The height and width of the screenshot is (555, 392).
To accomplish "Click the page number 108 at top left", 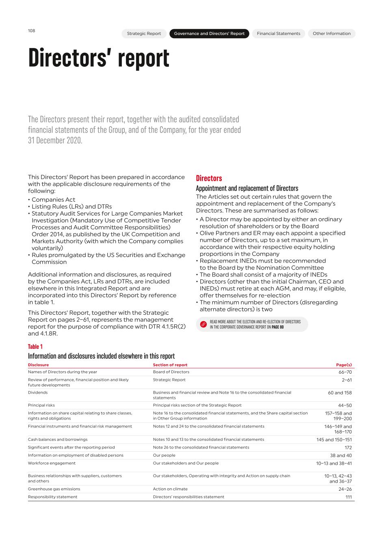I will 31,30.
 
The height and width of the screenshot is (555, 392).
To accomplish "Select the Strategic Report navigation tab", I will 144,34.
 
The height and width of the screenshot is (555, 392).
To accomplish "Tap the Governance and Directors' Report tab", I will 209,34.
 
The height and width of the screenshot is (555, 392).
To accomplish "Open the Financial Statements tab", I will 278,34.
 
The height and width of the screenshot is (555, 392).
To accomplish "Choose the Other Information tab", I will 331,34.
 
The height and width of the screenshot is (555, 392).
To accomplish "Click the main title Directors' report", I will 99,58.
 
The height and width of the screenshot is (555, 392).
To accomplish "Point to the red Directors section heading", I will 209,178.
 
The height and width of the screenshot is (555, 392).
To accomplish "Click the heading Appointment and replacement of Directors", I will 247,188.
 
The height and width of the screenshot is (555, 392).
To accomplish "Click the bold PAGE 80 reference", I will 277,327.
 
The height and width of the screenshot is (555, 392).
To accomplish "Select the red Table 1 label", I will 35,346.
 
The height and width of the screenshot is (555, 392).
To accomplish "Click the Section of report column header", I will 170,365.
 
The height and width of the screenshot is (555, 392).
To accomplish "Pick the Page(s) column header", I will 344,365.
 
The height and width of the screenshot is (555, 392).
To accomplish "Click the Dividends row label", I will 38,392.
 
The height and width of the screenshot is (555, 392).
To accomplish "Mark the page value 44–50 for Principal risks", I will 344,405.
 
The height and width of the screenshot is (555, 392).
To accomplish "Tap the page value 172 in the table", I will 348,448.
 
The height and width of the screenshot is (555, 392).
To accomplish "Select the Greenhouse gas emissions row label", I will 54,489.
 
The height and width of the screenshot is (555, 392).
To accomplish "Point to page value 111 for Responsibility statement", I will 349,497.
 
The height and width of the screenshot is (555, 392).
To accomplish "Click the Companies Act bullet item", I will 53,200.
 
